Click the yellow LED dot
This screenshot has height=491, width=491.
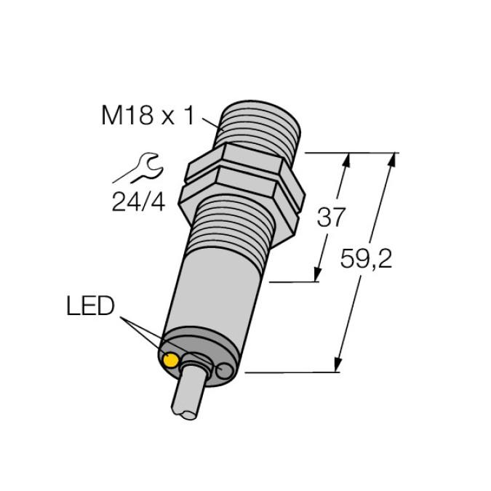click(171, 360)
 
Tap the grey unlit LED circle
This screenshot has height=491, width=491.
click(224, 371)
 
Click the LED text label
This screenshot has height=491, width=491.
click(90, 306)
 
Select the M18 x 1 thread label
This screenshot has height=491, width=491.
click(148, 116)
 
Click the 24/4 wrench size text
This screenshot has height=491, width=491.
click(138, 202)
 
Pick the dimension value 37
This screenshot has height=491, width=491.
click(331, 217)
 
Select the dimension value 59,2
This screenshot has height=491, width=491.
click(366, 259)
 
